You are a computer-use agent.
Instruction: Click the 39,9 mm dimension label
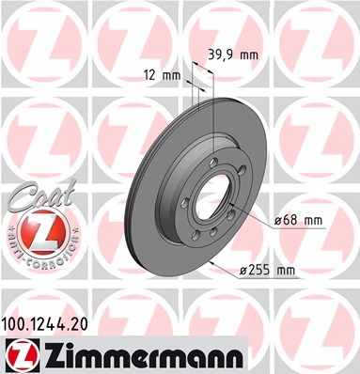tap(233, 55)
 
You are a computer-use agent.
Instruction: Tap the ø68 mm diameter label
tap(298, 221)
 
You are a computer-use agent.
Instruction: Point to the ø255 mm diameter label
tap(267, 270)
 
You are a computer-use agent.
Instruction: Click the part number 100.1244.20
tap(44, 324)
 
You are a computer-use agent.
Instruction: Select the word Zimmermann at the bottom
tap(143, 355)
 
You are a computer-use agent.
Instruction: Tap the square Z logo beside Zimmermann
tap(23, 355)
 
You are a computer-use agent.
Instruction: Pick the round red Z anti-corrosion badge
tap(41, 232)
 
